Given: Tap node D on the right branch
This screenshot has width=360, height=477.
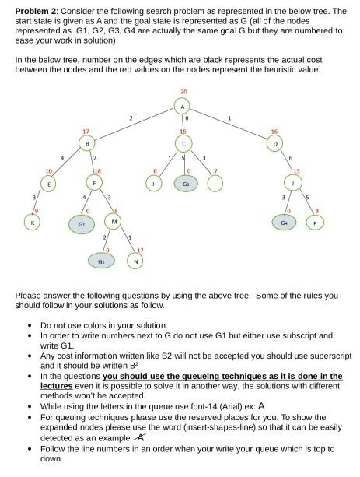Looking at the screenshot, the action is click(274, 144).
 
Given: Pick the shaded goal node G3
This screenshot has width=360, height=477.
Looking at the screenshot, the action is click(185, 183).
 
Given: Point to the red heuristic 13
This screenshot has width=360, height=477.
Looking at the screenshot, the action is click(296, 170).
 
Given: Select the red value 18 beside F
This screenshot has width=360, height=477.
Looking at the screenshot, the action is click(98, 170).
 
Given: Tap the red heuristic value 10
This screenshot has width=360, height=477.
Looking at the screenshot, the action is click(48, 170).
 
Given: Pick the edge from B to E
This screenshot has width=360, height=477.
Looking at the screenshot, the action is click(68, 164).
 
